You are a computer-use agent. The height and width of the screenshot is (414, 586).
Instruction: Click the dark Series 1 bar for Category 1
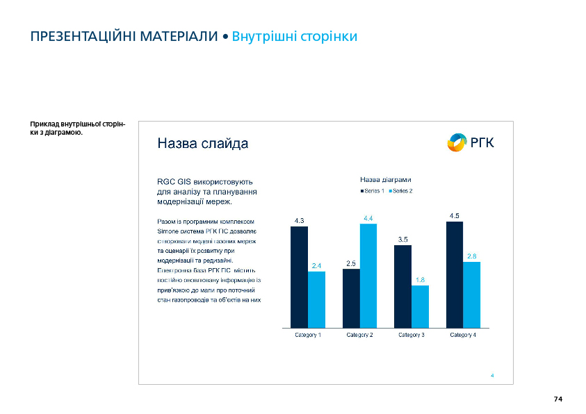coord(299,276)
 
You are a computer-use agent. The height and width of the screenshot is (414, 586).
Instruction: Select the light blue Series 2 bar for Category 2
coord(368,275)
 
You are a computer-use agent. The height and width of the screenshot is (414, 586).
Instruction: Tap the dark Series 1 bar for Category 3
coord(402,286)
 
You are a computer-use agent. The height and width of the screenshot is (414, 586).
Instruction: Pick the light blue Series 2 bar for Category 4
coord(471,295)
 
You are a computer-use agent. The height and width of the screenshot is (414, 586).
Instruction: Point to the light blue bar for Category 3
coord(420,306)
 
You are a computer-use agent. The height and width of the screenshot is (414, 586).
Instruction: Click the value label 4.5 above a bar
coord(454,216)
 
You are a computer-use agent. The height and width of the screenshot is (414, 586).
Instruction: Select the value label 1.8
coord(420,280)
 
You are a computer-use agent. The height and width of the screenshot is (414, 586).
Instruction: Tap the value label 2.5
coord(351,263)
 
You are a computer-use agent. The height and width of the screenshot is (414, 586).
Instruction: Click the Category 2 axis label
coord(359,336)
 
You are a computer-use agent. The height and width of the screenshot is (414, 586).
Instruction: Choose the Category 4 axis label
coord(463,336)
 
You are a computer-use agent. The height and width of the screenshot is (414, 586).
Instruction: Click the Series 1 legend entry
coord(373,191)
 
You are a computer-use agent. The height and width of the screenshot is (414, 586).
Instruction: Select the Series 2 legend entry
coord(401,191)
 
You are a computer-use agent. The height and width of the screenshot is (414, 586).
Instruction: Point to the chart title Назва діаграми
coord(385,180)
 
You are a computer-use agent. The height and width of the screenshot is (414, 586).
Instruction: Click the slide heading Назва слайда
coord(202,144)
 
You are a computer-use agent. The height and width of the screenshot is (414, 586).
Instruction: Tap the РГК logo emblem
coord(457,142)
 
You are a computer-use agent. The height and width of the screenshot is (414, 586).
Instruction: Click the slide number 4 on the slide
coord(492,376)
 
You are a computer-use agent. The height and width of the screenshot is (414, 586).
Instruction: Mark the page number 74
coord(557,399)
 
